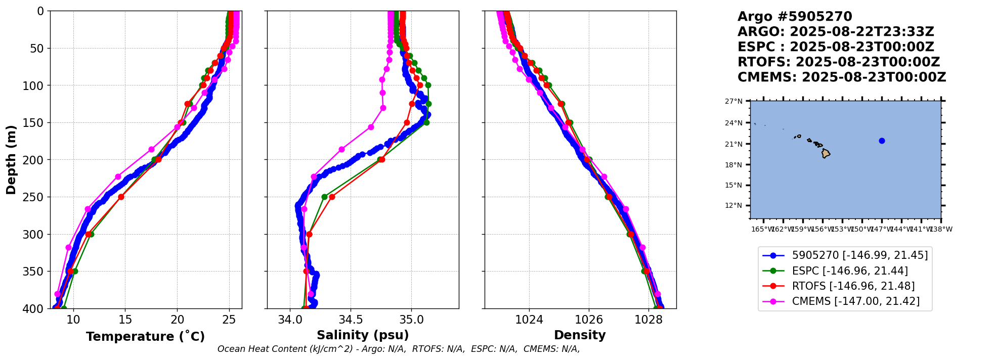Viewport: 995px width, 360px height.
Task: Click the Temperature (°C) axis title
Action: tap(145, 337)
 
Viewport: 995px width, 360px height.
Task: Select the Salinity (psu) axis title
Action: tap(363, 335)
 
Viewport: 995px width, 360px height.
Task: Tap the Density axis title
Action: tap(580, 335)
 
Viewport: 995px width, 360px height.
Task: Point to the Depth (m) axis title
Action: tap(11, 159)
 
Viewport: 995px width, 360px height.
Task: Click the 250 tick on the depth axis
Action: tap(35, 197)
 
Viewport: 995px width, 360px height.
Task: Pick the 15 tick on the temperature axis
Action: tap(125, 320)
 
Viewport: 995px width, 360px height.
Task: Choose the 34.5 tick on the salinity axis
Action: tap(351, 320)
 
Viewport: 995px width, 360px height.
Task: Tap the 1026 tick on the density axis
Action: tap(589, 320)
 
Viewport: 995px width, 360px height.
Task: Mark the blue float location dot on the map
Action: tap(882, 141)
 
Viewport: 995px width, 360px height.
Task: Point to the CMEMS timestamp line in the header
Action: tap(841, 77)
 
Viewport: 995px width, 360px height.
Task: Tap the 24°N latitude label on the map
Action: tap(734, 123)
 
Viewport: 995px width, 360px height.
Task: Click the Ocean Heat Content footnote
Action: tap(399, 349)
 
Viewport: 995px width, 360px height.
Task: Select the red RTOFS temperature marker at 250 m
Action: tap(121, 197)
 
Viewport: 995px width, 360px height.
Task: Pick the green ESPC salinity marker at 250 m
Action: tap(324, 197)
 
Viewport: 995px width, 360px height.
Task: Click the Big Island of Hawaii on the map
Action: tap(826, 153)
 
